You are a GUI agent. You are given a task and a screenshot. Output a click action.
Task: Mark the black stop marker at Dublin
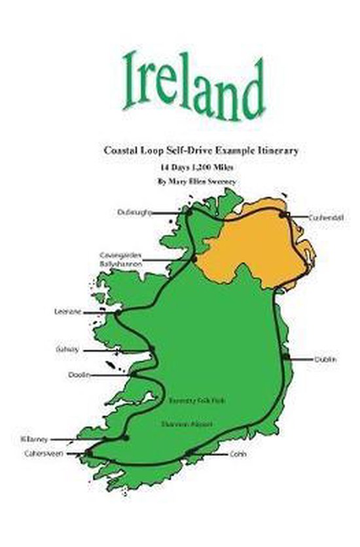286,357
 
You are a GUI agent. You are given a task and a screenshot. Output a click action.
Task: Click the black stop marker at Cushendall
284,214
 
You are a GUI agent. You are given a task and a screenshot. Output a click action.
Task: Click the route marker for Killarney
126,438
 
